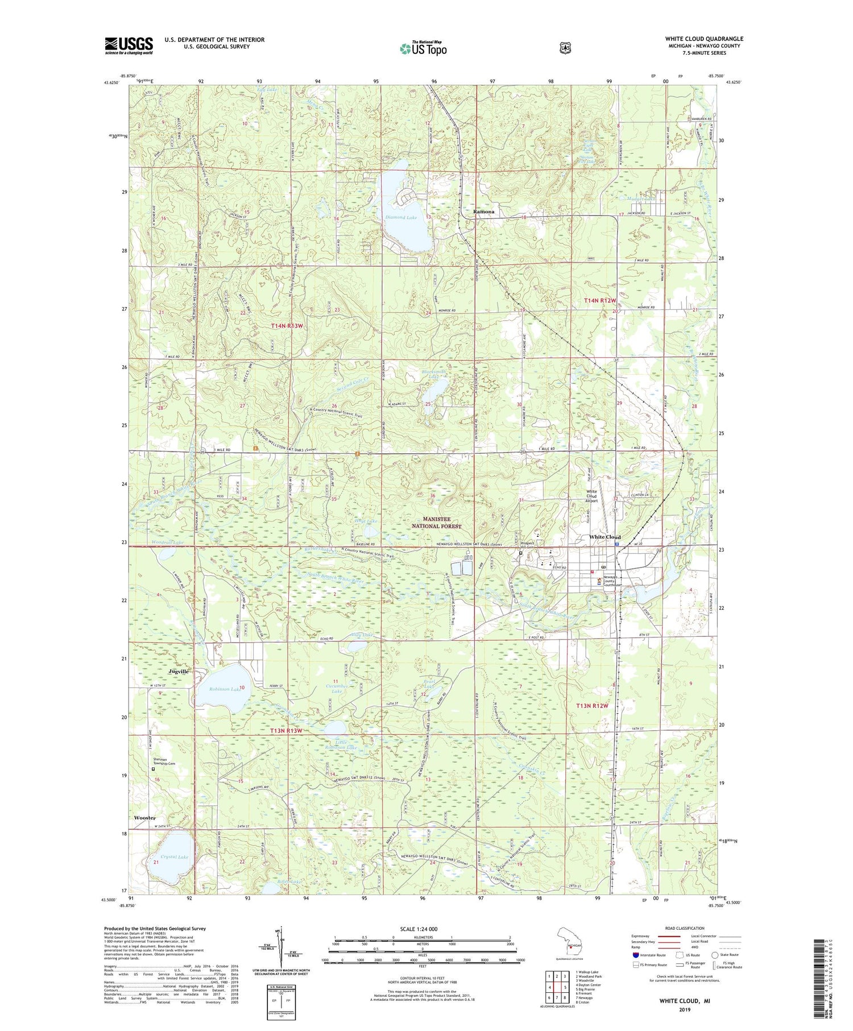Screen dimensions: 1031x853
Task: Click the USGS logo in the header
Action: coord(129,45)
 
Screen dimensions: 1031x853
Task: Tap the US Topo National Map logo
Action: coord(423,48)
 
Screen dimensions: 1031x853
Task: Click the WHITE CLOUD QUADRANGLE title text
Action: coord(704,39)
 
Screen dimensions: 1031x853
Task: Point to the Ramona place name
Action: coord(483,212)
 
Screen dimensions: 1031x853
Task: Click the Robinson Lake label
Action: coord(224,689)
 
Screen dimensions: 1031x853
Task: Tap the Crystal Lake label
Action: coord(174,856)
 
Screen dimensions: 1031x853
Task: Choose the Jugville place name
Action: coord(179,672)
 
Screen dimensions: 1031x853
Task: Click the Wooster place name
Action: coord(144,818)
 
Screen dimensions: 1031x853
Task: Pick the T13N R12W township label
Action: coord(592,706)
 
